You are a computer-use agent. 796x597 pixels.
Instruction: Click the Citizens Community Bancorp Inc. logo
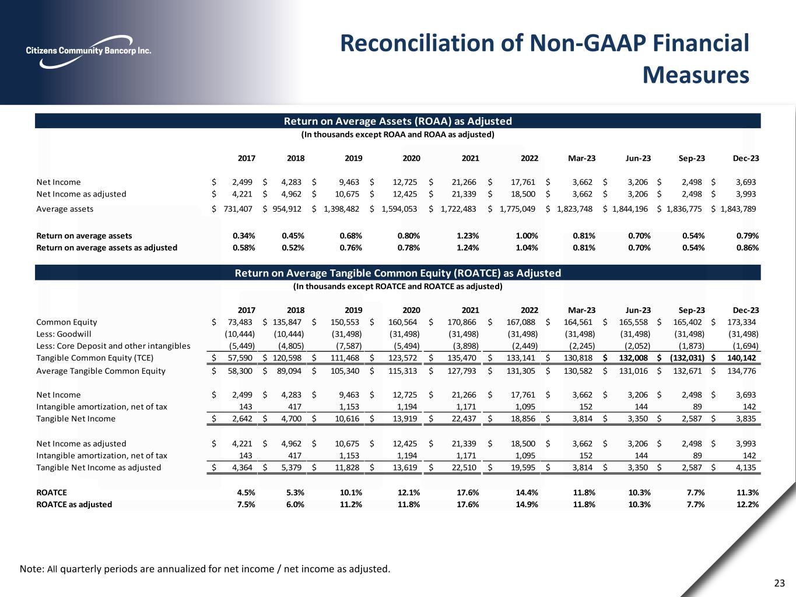click(89, 50)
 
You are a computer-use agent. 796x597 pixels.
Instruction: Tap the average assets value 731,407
click(238, 209)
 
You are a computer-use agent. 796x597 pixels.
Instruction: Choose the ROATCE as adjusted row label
click(74, 504)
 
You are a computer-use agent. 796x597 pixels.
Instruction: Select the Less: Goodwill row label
click(64, 334)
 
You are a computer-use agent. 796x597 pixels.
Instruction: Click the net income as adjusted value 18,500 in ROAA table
click(524, 194)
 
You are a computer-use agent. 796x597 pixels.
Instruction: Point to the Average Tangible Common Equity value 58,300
click(238, 371)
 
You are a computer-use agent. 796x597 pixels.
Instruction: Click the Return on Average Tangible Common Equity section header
click(397, 273)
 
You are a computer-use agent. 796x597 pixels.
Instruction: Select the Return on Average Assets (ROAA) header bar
click(397, 121)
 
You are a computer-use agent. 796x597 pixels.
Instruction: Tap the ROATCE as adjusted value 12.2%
click(748, 504)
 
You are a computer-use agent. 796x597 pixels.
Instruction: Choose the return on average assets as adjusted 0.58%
click(244, 247)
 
